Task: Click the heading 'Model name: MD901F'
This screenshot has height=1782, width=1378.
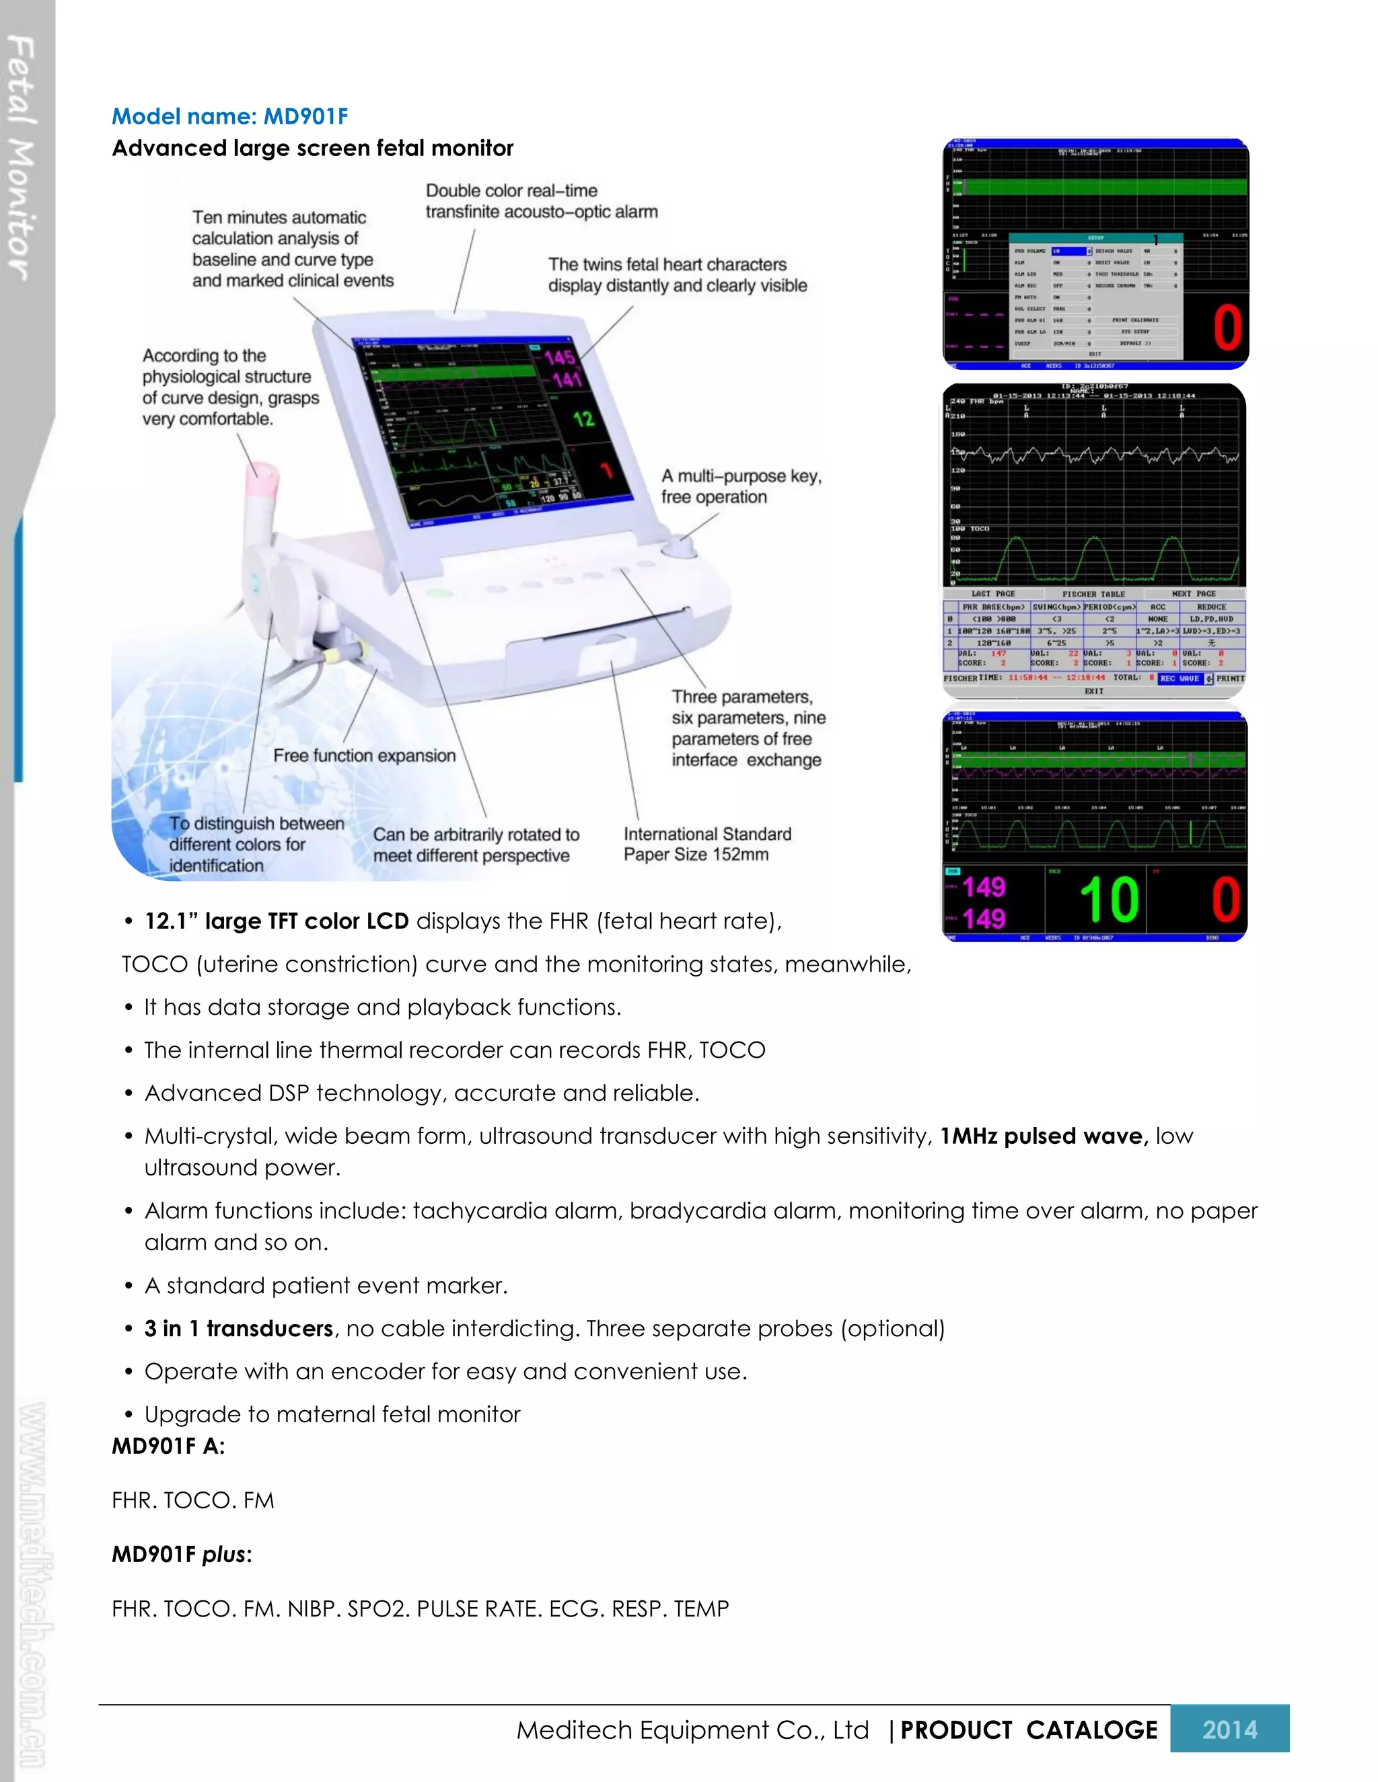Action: coord(229,117)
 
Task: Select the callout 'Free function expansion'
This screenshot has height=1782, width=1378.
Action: coord(364,756)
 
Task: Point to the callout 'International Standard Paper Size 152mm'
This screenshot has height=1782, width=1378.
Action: coord(707,844)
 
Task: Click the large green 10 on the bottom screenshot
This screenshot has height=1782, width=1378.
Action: coord(1109,900)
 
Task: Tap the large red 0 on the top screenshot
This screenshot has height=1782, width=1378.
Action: coord(1226,328)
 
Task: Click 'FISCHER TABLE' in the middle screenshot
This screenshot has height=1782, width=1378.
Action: coord(1093,594)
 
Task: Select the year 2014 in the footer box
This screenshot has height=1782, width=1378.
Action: coord(1229,1729)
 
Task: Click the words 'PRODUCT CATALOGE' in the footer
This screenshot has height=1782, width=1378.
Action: coord(1028,1730)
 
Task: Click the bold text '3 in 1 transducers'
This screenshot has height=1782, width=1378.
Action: coord(238,1328)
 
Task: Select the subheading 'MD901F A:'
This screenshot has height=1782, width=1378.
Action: coord(168,1446)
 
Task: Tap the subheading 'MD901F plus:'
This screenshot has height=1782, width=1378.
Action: coord(181,1554)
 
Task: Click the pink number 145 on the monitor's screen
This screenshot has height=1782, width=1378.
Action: coord(560,356)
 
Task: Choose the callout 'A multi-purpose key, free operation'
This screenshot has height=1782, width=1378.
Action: coord(740,486)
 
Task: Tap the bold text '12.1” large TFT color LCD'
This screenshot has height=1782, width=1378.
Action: coord(276,921)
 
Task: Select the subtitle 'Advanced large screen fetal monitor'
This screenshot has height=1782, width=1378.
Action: coord(313,149)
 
